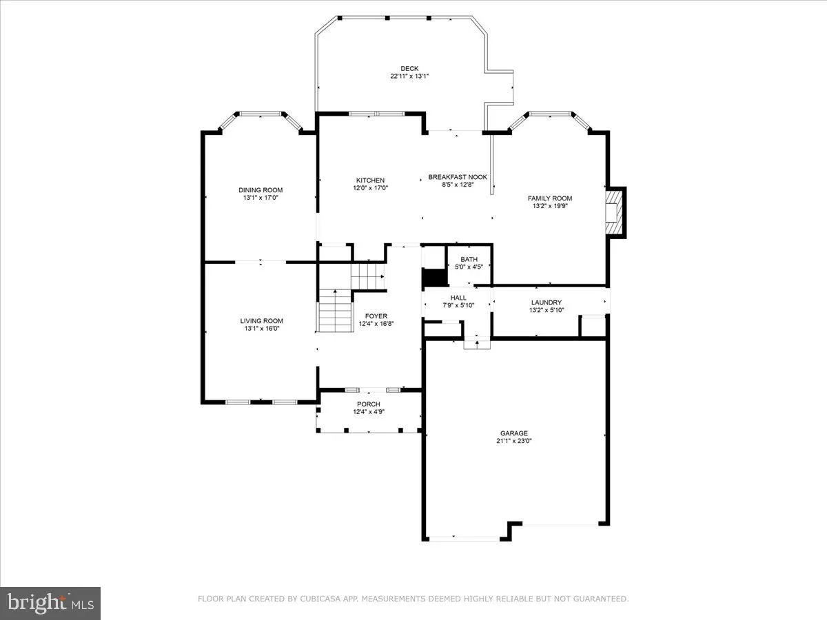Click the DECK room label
point(409,68)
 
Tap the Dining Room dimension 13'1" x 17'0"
point(261,198)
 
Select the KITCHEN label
point(370,180)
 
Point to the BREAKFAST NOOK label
point(458,177)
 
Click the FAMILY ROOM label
point(550,198)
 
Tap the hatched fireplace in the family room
point(614,213)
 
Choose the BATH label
point(469,260)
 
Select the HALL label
point(458,298)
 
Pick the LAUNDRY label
point(547,302)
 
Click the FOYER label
point(376,316)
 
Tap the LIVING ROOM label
point(261,320)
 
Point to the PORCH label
point(369,404)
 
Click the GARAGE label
point(514,433)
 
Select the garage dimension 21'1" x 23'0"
point(514,442)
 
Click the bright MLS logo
point(50,603)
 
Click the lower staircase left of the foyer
point(336,310)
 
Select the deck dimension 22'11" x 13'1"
point(409,76)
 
